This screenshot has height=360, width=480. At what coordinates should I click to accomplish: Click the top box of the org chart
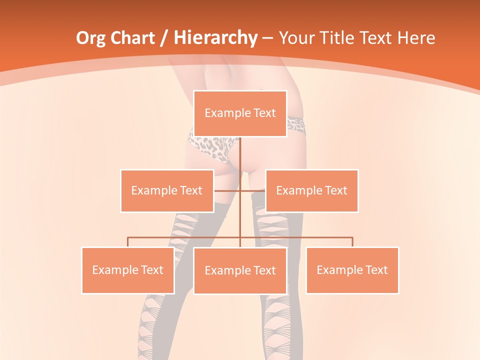[240, 113]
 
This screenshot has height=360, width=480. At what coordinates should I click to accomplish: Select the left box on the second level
[166, 190]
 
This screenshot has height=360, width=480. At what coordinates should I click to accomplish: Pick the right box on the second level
[311, 190]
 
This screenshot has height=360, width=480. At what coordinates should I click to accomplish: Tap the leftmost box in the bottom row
[127, 270]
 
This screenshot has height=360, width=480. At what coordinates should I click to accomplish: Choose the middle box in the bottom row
[240, 270]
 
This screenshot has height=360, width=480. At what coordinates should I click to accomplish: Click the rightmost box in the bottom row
[352, 270]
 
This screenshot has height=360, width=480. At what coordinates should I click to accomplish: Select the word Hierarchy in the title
[215, 38]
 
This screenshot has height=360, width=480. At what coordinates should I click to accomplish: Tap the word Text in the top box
[264, 113]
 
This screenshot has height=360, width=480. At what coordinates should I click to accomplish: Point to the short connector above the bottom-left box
[127, 242]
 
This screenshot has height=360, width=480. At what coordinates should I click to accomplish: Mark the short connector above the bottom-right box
[352, 242]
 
